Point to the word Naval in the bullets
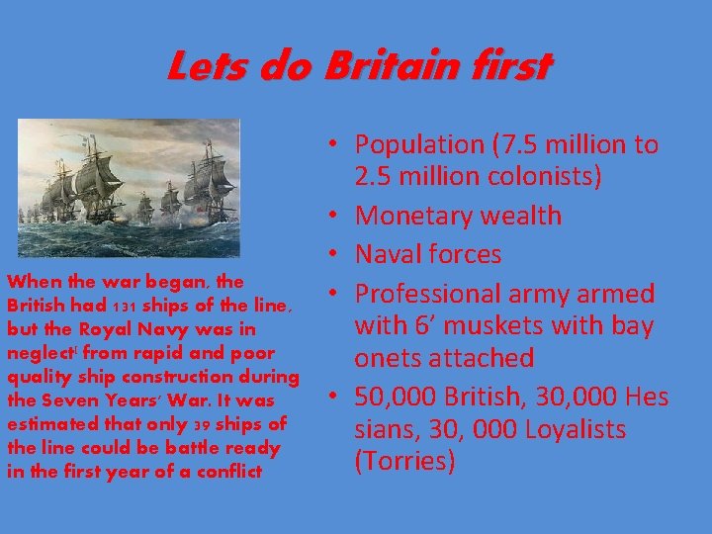(386, 255)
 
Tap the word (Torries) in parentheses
(405, 461)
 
